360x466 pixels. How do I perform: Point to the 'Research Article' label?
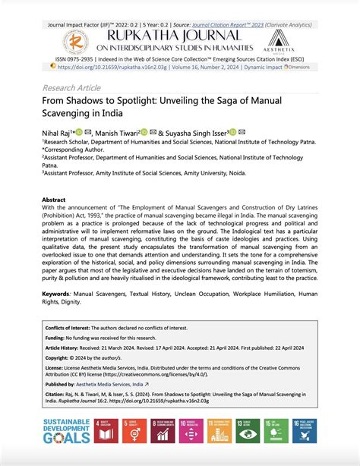[x=71, y=87]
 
